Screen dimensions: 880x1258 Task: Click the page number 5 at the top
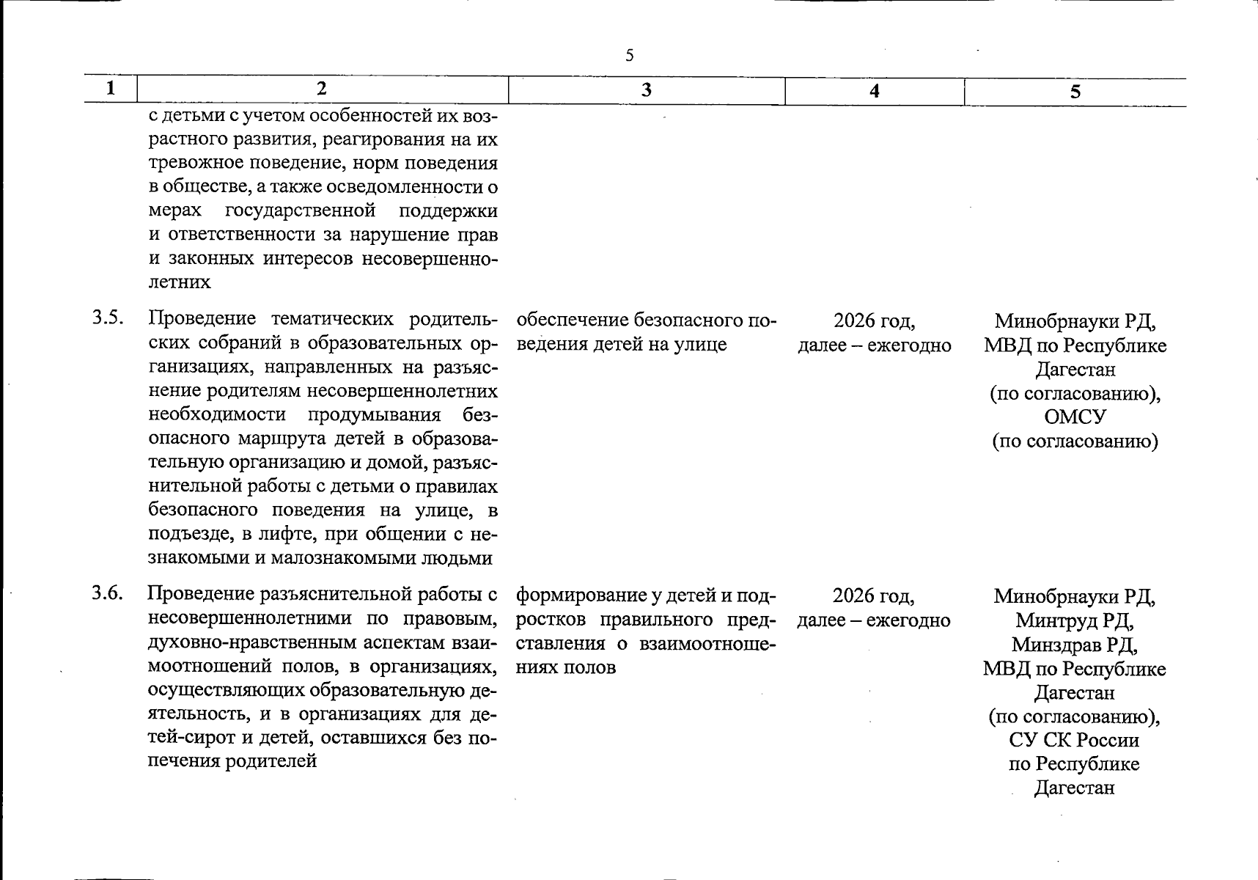click(629, 56)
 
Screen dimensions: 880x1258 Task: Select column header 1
click(111, 89)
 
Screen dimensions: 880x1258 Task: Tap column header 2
click(322, 89)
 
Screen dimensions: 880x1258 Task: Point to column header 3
click(646, 90)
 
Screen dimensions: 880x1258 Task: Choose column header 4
click(874, 91)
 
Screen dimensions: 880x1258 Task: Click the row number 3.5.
click(107, 318)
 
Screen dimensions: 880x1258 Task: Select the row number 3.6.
click(107, 593)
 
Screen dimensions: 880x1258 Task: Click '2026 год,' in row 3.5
click(874, 320)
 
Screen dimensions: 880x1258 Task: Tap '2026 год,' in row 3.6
click(873, 595)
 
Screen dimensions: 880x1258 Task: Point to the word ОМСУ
click(1075, 417)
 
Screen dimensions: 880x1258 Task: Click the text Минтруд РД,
click(1075, 620)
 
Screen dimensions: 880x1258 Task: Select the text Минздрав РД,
click(1075, 645)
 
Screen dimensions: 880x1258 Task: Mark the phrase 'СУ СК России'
click(1075, 740)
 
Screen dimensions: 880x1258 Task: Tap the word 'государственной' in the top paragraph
click(301, 211)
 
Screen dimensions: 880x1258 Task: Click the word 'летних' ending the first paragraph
click(180, 282)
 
